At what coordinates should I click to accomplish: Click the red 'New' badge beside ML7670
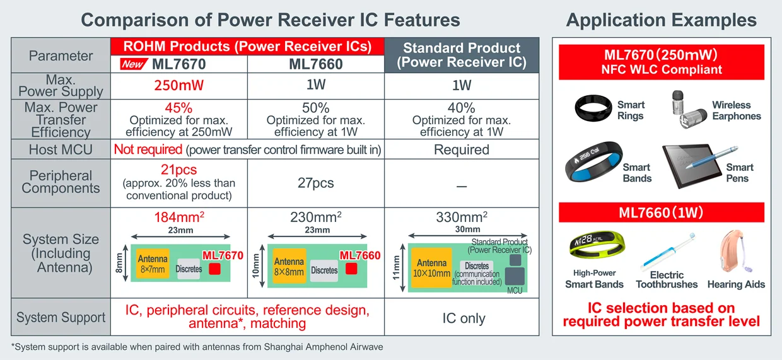(132, 64)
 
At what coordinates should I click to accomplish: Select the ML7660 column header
(315, 64)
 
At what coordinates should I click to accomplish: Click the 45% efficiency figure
(178, 108)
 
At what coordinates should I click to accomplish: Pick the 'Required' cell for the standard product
(462, 149)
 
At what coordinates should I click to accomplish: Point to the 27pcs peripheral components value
(315, 183)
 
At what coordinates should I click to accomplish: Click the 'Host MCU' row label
(61, 149)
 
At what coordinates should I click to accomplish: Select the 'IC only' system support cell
(464, 318)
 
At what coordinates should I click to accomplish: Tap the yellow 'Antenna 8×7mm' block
(153, 264)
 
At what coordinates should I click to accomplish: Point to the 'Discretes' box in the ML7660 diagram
(324, 270)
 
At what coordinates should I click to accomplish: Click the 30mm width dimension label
(467, 229)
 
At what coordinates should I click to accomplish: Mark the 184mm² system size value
(178, 218)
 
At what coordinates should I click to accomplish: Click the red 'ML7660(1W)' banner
(661, 212)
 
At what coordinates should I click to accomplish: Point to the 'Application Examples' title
(661, 20)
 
